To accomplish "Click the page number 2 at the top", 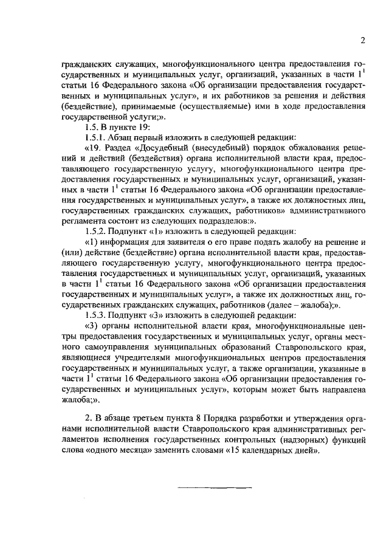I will coord(362,41).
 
